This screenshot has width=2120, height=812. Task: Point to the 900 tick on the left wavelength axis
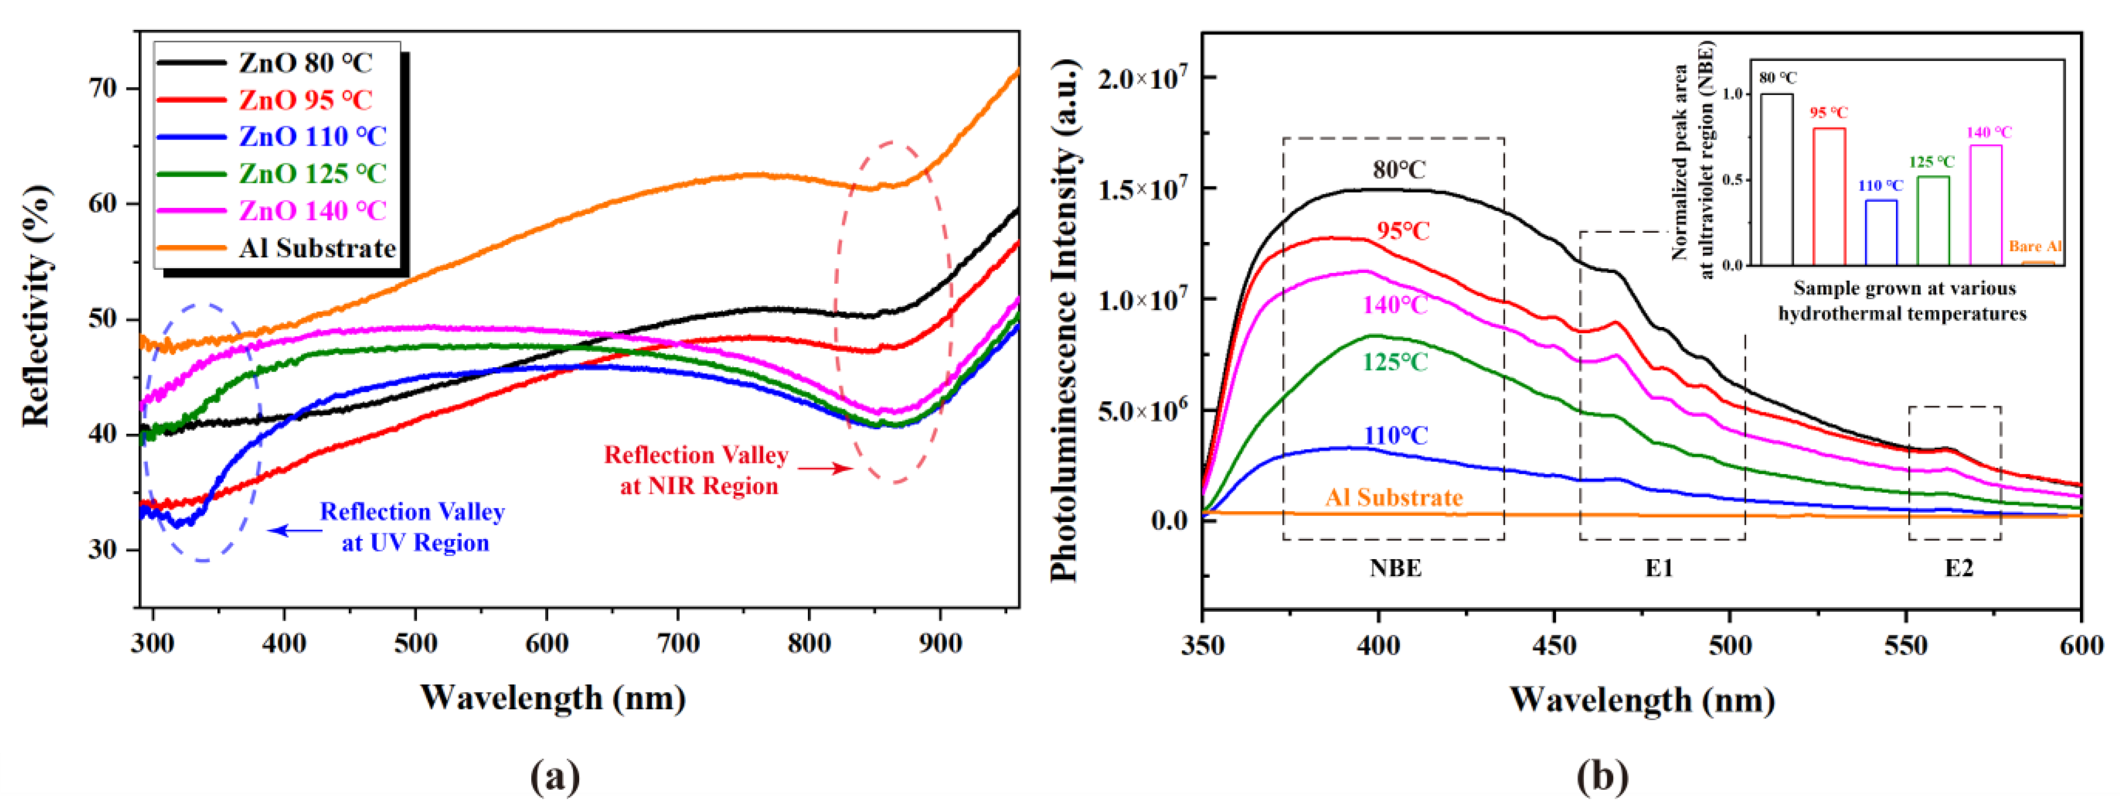tap(940, 643)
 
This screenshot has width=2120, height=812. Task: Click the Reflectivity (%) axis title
tap(37, 306)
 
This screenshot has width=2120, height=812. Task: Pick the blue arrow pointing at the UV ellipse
tap(295, 531)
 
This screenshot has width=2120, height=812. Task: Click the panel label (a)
tap(555, 776)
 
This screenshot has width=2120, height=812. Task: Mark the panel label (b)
tap(1602, 776)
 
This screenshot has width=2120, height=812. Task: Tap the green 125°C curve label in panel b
tap(1395, 362)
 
